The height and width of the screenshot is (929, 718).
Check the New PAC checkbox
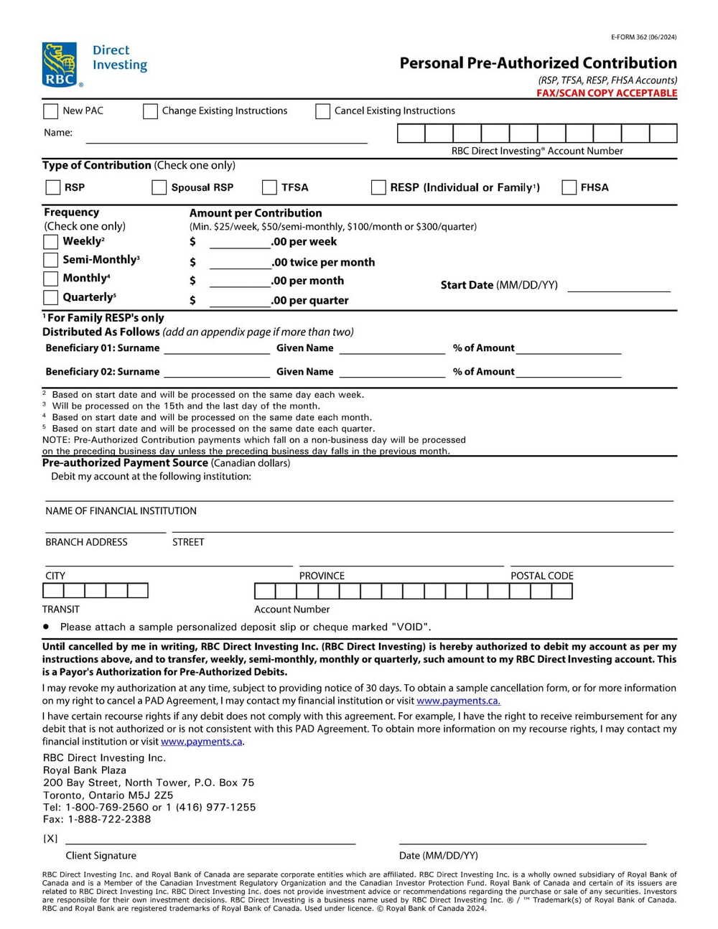[51, 111]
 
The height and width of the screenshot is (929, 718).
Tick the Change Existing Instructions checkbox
[150, 111]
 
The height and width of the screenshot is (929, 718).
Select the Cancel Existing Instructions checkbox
[323, 111]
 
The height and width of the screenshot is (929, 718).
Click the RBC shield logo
[60, 65]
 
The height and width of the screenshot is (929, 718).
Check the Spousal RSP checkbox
[159, 187]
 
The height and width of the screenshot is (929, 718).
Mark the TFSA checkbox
[269, 187]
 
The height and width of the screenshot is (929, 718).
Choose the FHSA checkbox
[569, 187]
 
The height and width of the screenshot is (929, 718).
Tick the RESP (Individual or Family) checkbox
[378, 187]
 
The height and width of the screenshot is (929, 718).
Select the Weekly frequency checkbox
[51, 242]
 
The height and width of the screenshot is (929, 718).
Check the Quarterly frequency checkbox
[51, 297]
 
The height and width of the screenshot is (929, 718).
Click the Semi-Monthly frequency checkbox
[51, 260]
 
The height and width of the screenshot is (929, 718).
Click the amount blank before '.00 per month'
[240, 281]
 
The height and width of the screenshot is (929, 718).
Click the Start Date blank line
[618, 286]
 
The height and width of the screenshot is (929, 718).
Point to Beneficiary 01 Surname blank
[217, 349]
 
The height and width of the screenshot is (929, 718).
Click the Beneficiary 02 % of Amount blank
[569, 372]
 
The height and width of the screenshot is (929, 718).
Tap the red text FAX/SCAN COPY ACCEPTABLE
[607, 93]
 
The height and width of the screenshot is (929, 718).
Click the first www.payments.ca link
[458, 701]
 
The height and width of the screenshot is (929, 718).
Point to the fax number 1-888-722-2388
[109, 819]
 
